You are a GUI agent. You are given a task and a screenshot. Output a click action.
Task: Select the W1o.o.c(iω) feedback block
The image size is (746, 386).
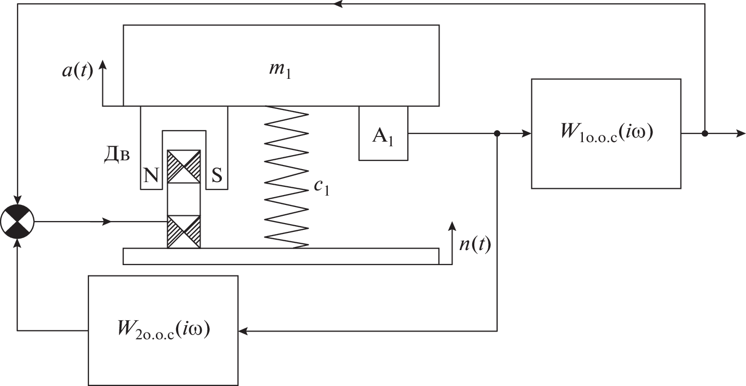click(606, 133)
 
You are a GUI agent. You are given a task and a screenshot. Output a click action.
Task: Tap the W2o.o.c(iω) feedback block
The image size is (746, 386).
click(163, 329)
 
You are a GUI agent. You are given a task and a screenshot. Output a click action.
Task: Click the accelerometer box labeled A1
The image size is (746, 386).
click(383, 133)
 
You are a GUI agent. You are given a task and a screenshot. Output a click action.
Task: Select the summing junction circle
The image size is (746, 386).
click(18, 222)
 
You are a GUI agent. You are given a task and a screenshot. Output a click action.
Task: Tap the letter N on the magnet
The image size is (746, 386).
click(151, 176)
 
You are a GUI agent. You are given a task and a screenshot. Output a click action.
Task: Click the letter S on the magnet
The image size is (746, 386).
click(217, 176)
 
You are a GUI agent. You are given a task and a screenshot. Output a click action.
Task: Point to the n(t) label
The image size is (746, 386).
click(475, 245)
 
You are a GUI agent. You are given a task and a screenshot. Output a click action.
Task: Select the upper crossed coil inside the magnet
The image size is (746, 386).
click(183, 167)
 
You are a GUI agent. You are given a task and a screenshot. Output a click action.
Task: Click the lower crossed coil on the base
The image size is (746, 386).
click(183, 231)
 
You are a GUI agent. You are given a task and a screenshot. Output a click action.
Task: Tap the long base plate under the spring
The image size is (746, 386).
click(281, 256)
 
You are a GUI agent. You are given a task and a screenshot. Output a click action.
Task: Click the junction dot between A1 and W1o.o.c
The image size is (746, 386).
click(497, 134)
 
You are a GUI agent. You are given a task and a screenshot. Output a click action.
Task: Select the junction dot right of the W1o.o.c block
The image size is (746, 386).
click(704, 134)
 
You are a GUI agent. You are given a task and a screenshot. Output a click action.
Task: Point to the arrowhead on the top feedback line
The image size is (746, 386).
click(338, 4)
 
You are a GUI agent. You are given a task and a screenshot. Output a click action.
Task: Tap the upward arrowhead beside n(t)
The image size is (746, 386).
click(451, 226)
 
